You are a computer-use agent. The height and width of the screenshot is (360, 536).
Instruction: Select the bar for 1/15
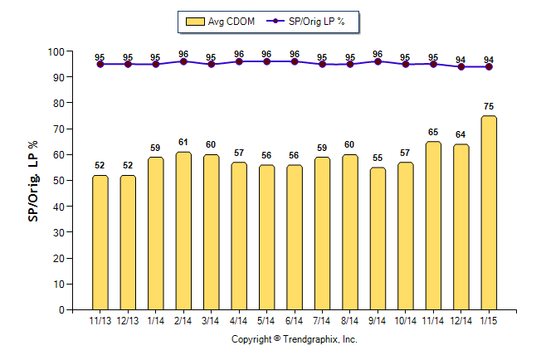tap(489, 212)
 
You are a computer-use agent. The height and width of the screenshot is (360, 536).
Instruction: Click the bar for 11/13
tap(100, 242)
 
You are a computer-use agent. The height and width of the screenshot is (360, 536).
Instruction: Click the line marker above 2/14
tap(183, 61)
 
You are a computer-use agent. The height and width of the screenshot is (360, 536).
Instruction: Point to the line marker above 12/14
tap(461, 66)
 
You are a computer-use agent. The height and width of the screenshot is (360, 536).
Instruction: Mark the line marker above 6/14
tap(295, 61)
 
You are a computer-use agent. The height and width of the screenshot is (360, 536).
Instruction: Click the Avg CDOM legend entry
tap(222, 22)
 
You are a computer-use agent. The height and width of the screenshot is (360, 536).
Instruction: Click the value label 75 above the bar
tap(489, 106)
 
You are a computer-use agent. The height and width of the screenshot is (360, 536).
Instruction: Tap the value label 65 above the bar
tap(433, 132)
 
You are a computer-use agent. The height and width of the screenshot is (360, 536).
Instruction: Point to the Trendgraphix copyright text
tap(294, 339)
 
